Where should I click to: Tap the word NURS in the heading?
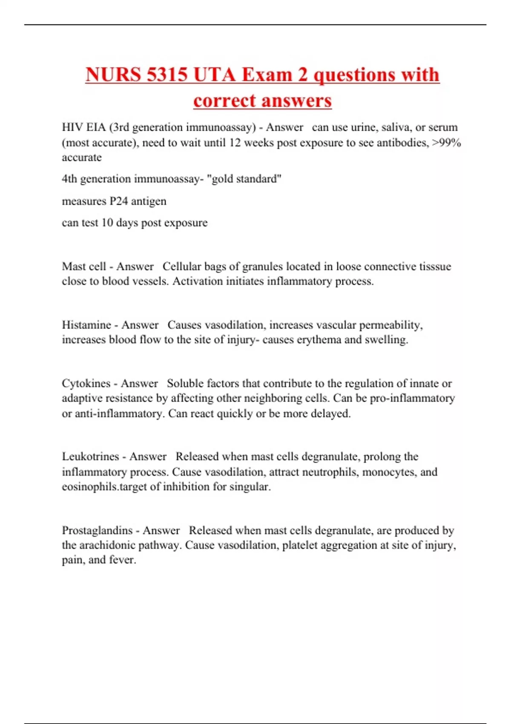(x=113, y=75)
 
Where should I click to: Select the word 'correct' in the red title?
(x=225, y=101)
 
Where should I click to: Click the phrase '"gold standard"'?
(x=244, y=179)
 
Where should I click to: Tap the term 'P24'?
(x=119, y=201)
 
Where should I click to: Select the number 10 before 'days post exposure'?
(x=107, y=223)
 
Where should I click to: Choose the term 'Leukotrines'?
(x=90, y=457)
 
